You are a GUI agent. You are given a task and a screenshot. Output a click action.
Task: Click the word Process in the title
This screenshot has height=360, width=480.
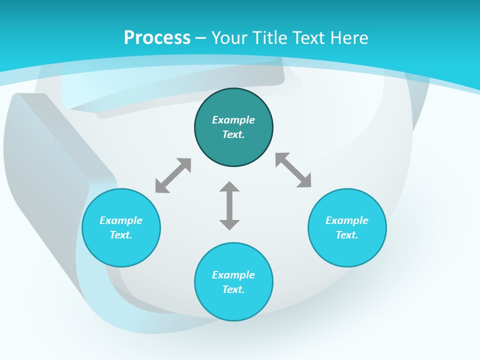(x=157, y=37)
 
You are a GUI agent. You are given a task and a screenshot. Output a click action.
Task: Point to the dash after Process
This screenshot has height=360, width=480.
(x=201, y=38)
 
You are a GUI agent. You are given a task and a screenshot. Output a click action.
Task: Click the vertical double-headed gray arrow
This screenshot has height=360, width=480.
(x=229, y=205)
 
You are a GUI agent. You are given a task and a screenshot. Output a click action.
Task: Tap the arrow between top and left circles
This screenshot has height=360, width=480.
(x=173, y=175)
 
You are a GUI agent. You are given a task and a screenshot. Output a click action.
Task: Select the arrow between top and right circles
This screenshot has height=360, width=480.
(x=293, y=170)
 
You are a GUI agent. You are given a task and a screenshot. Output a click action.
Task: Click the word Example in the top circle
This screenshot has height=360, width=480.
(x=233, y=120)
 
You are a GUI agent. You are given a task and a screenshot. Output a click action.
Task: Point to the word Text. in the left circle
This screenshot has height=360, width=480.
(x=121, y=235)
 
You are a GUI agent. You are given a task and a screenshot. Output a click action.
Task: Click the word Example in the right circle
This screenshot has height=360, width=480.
(x=347, y=220)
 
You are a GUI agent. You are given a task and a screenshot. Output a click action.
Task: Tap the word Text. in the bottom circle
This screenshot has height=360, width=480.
(x=233, y=289)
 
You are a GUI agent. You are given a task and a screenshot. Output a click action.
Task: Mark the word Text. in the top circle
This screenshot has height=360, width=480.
(x=233, y=134)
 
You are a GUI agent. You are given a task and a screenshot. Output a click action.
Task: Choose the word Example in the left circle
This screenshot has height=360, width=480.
(x=121, y=220)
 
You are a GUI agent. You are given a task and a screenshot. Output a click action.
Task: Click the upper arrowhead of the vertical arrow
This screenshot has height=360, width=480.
(x=229, y=187)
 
